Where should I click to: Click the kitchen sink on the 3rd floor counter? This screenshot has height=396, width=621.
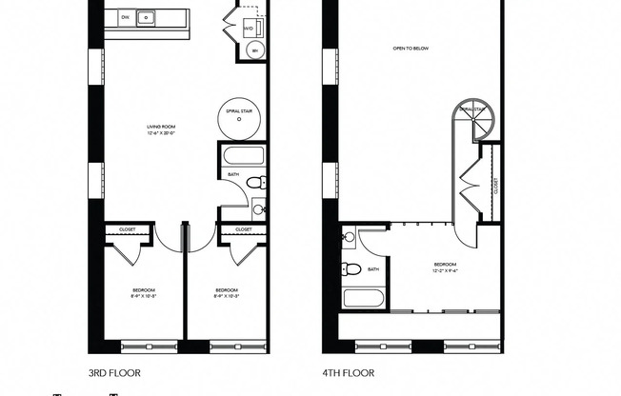point(147,16)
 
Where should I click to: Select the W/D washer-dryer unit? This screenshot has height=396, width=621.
point(249,28)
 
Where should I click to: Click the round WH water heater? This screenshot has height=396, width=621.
point(253,51)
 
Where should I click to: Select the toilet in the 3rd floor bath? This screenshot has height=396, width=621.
point(254,183)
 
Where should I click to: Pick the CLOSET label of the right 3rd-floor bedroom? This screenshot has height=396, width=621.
point(243,229)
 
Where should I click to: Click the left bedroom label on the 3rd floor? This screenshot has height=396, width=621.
point(144,292)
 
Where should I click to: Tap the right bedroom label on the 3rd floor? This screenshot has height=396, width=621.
point(226,292)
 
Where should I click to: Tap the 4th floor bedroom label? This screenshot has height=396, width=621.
point(445,267)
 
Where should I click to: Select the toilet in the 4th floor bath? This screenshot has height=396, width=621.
point(351,269)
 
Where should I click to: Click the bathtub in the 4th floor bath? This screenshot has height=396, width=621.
point(363,300)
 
